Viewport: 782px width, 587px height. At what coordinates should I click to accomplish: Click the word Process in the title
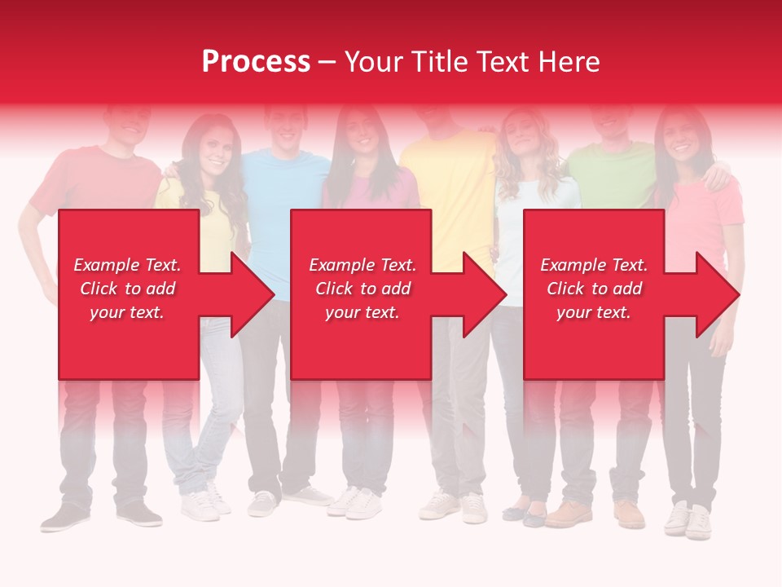(x=256, y=62)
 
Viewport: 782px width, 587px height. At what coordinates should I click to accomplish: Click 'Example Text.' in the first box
(x=128, y=265)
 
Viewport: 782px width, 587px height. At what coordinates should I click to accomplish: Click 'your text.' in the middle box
(x=362, y=312)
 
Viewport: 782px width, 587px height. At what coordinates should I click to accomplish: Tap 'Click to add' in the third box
(x=594, y=289)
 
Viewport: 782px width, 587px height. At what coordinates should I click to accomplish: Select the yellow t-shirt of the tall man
(x=452, y=188)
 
